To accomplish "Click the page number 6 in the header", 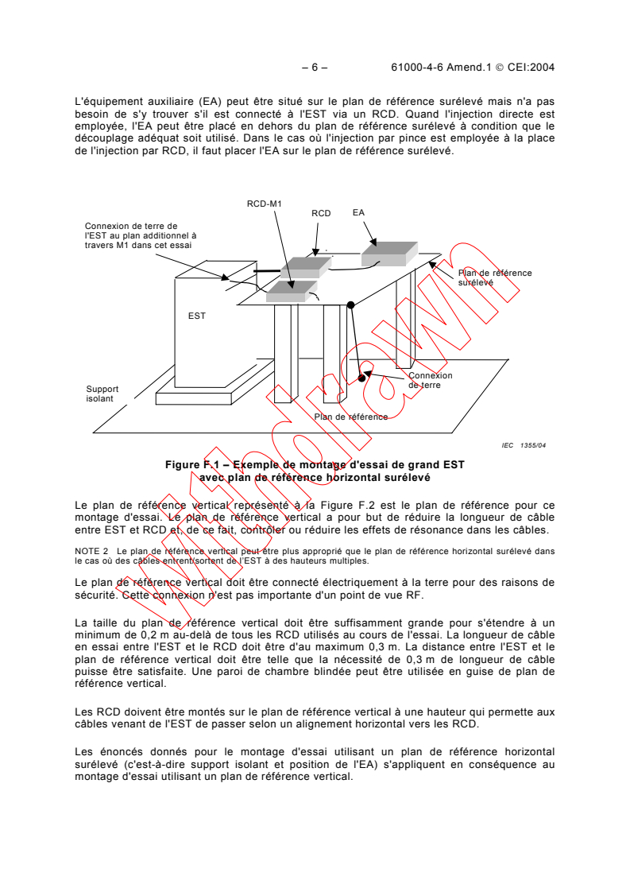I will pyautogui.click(x=315, y=68).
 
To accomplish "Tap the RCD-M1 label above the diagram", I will pyautogui.click(x=265, y=204).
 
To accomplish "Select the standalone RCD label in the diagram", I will pyautogui.click(x=321, y=213).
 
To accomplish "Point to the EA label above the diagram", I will pyautogui.click(x=359, y=212).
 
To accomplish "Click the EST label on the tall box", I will pyautogui.click(x=197, y=316).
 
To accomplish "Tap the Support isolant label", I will pyautogui.click(x=100, y=394).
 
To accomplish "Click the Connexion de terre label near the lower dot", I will pyautogui.click(x=430, y=380).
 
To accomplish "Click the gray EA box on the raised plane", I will pyautogui.click(x=388, y=253).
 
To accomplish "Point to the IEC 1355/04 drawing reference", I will pyautogui.click(x=524, y=445).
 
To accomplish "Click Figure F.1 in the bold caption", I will pyautogui.click(x=190, y=463).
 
